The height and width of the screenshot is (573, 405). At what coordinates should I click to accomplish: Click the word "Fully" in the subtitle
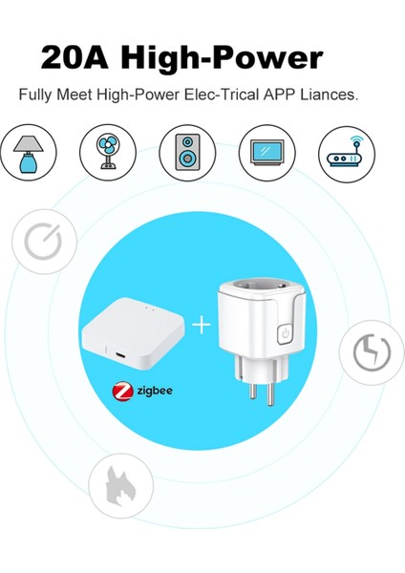(x=35, y=96)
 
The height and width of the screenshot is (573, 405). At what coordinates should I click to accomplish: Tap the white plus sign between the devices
(x=201, y=326)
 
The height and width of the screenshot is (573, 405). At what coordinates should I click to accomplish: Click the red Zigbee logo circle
(x=122, y=392)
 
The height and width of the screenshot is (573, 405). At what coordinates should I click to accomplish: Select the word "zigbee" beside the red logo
(x=153, y=392)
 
